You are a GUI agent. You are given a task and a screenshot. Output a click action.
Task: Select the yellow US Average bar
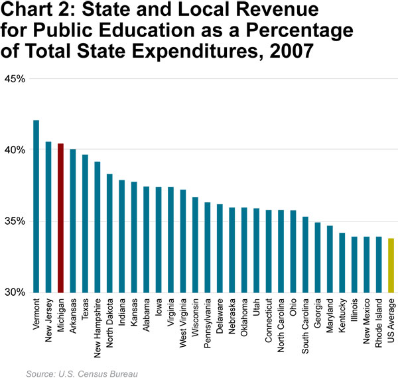(391, 265)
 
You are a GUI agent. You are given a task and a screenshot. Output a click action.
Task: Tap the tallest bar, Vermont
(36, 206)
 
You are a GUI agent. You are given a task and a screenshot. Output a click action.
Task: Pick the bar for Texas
(85, 223)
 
